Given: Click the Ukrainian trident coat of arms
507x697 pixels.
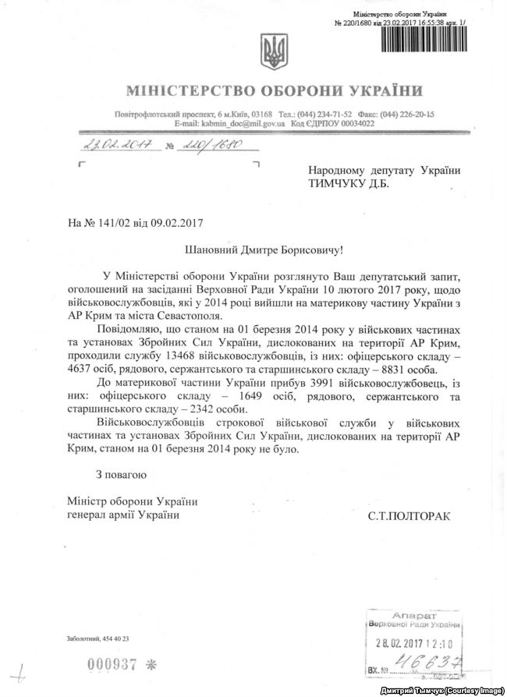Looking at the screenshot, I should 275,52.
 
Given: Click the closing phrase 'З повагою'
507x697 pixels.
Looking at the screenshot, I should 121,472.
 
